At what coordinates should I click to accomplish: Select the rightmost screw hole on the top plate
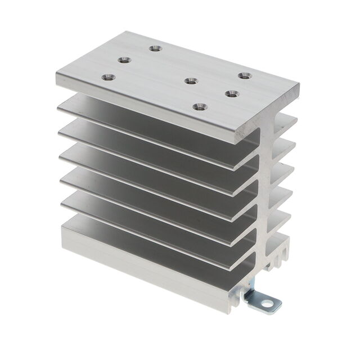click(243, 75)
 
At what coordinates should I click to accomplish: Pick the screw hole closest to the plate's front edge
click(198, 105)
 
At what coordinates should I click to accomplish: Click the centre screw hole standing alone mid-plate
click(191, 81)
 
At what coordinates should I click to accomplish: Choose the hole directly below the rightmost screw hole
click(231, 93)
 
